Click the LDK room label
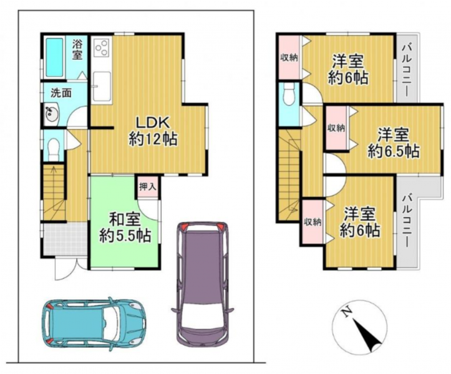tap(152, 132)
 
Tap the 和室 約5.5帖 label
tap(125, 228)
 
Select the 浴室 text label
tap(77, 50)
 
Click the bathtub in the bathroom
tap(54, 57)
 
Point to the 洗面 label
tap(61, 93)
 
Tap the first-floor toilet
tap(53, 149)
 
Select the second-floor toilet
tap(289, 94)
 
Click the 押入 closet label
tap(148, 187)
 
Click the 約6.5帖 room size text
tap(393, 151)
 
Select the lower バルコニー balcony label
tap(407, 221)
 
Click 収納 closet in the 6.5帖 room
tap(336, 128)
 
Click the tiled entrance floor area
tap(65, 238)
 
